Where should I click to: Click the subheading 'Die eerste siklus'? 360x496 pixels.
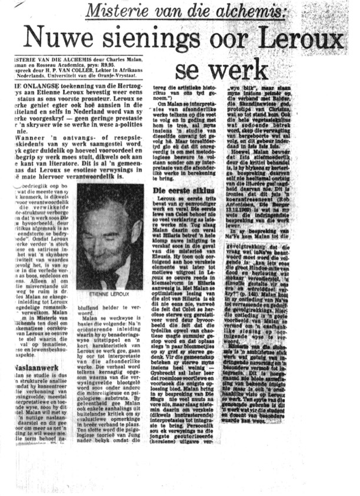(181, 191)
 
